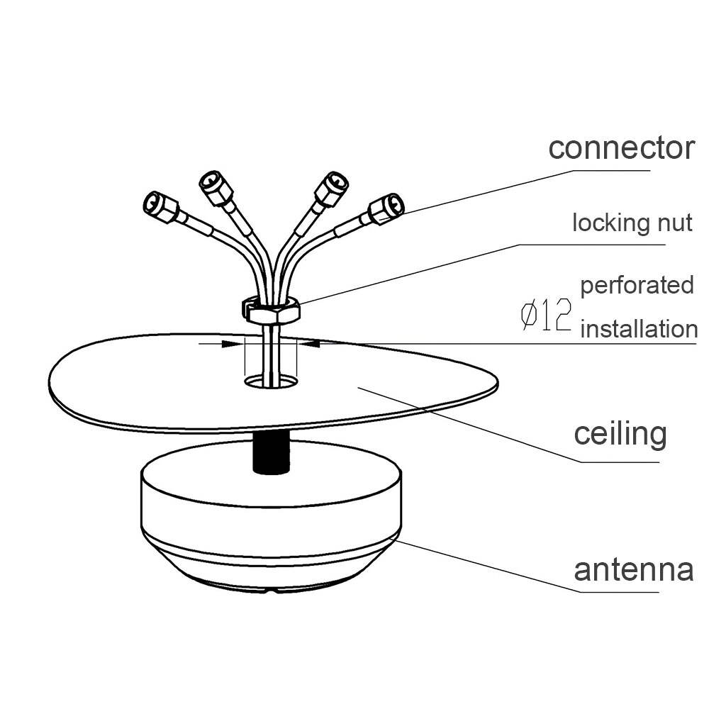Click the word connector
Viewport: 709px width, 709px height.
click(x=621, y=148)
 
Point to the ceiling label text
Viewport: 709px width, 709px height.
click(x=620, y=433)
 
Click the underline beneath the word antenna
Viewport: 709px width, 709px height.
click(x=631, y=591)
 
